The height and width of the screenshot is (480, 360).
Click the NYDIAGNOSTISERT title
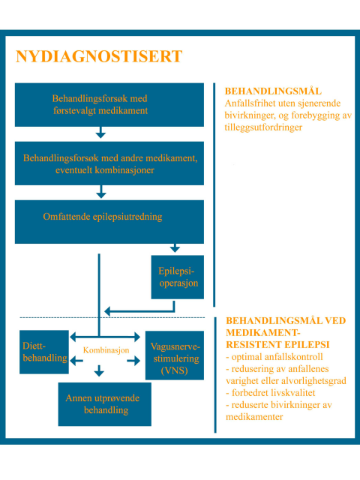point(99,57)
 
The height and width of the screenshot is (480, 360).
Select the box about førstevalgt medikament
point(109,105)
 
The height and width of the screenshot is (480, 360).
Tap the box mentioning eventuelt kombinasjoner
point(109,163)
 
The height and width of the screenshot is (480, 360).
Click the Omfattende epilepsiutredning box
point(109,222)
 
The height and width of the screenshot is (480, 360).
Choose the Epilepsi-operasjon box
point(178,277)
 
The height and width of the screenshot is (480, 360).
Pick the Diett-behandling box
point(44,352)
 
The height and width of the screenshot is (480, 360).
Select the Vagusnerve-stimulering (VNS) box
point(175,355)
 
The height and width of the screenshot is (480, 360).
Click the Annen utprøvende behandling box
point(105,404)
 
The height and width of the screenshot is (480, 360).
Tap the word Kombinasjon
point(106,350)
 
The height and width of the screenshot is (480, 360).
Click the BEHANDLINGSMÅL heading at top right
point(273,91)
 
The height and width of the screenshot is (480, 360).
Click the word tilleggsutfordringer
point(263,127)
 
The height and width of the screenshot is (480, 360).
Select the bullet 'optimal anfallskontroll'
point(274,357)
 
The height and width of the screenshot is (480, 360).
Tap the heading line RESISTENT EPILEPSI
point(277,345)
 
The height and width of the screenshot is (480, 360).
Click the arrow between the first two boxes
point(100,132)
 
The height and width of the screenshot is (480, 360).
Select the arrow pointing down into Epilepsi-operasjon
point(175,248)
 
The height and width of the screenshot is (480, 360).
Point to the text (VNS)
point(174,370)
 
